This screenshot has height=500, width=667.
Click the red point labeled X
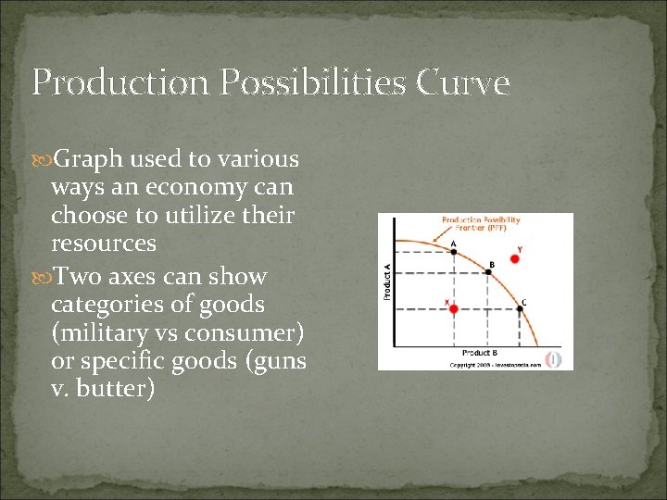tap(454, 309)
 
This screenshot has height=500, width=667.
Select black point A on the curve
tap(454, 253)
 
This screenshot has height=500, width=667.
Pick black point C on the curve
tap(519, 309)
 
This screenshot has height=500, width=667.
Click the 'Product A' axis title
tap(386, 281)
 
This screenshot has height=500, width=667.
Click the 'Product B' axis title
tap(480, 353)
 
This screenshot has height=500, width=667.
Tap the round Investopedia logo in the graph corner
tap(555, 358)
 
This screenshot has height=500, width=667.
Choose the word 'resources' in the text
tap(104, 245)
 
